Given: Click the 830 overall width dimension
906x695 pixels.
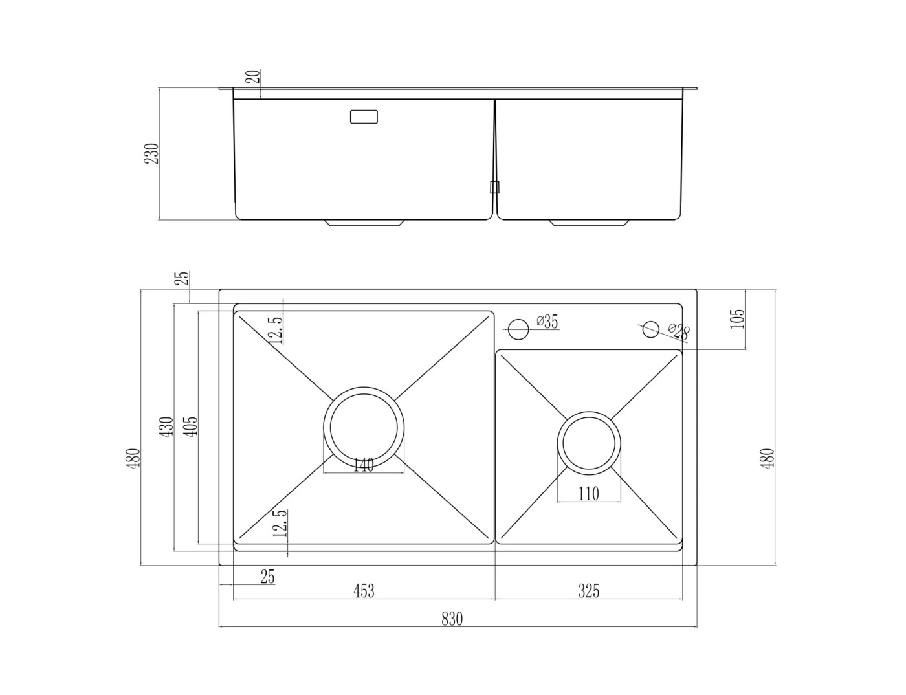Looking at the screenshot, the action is (452, 619).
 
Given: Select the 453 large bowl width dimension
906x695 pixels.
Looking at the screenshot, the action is (364, 591).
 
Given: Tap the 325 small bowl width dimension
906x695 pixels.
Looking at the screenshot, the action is (589, 591).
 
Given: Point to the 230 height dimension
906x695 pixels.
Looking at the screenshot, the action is (151, 153).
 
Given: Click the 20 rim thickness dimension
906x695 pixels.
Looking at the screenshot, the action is (253, 77).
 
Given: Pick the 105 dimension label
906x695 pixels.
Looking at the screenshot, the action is (737, 319).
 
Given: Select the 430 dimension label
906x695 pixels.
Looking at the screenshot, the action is (167, 426).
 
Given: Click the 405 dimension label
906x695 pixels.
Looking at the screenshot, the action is (190, 426).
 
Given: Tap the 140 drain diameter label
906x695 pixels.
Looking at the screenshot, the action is (364, 465).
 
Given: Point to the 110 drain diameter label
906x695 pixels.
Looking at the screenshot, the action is (589, 494).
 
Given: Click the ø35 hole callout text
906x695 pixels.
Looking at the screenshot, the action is (547, 322).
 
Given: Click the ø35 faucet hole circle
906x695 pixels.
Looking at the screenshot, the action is (518, 329).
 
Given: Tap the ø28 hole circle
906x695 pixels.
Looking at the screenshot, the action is (651, 329).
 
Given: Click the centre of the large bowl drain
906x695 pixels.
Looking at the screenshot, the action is (364, 427).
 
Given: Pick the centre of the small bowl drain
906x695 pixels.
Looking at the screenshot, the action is (589, 443).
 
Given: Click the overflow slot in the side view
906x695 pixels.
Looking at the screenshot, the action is (364, 116).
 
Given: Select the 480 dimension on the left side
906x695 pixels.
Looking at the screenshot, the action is (133, 459).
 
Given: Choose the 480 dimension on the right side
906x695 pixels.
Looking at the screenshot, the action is (768, 459).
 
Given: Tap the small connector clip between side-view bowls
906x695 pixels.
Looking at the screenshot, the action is (494, 187).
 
